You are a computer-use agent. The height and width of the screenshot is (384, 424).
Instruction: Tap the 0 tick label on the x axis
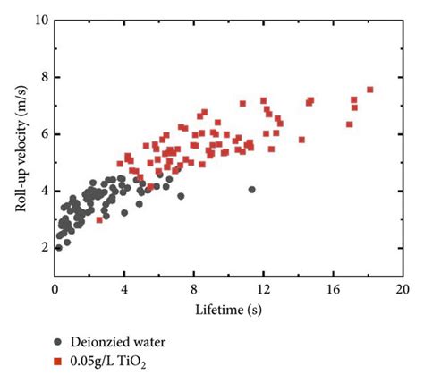(x=55, y=290)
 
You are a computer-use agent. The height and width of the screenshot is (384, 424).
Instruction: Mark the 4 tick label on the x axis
(x=124, y=290)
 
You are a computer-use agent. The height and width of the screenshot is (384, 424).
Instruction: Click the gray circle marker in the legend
(x=58, y=341)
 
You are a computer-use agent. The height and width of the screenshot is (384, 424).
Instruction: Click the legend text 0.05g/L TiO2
(x=111, y=361)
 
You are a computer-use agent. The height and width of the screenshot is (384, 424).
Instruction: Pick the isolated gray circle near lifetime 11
(x=251, y=190)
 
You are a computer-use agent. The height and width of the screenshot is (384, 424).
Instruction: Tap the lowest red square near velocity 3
(x=99, y=219)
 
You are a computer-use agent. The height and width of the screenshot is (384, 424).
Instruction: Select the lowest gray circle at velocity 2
(x=59, y=248)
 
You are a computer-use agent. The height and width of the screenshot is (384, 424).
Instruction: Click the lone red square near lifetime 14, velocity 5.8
(x=301, y=140)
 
